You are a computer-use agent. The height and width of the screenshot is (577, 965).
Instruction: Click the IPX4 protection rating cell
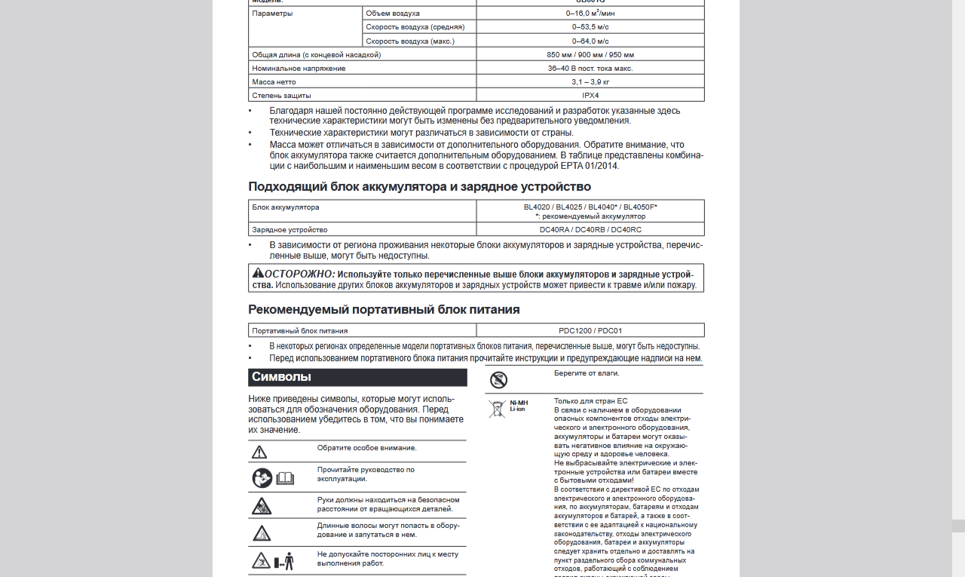pyautogui.click(x=590, y=96)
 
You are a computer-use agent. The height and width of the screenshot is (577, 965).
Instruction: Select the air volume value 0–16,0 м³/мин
pyautogui.click(x=590, y=14)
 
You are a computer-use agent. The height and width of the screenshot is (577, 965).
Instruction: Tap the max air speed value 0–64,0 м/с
pyautogui.click(x=590, y=41)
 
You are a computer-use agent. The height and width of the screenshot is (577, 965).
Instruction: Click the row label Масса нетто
pyautogui.click(x=274, y=82)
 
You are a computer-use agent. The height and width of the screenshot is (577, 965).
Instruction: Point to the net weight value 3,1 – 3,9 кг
pyautogui.click(x=590, y=82)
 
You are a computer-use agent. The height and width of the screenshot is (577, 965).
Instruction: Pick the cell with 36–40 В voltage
pyautogui.click(x=590, y=69)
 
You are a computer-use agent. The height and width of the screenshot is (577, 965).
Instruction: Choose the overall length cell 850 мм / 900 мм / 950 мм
pyautogui.click(x=590, y=55)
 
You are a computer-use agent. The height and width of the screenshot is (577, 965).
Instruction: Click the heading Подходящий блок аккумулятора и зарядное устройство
pyautogui.click(x=420, y=186)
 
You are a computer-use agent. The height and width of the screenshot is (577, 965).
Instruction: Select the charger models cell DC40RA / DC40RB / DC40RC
pyautogui.click(x=590, y=230)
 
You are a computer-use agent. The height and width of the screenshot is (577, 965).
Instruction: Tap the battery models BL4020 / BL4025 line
pyautogui.click(x=590, y=207)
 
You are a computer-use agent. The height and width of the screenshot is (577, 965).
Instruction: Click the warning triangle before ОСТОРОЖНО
pyautogui.click(x=258, y=273)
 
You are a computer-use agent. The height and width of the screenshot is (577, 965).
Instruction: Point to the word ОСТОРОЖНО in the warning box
pyautogui.click(x=300, y=274)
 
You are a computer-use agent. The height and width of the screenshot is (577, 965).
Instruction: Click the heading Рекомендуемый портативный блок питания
pyautogui.click(x=384, y=309)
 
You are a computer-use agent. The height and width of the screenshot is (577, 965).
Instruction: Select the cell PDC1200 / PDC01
pyautogui.click(x=590, y=330)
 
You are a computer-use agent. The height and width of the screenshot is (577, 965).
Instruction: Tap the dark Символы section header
pyautogui.click(x=357, y=377)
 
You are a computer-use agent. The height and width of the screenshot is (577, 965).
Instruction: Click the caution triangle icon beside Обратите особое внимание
pyautogui.click(x=259, y=453)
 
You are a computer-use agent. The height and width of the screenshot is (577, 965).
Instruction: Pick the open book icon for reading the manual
pyautogui.click(x=285, y=478)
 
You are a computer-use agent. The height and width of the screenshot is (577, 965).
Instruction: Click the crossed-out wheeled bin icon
pyautogui.click(x=496, y=410)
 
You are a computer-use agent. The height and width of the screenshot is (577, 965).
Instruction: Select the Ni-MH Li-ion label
pyautogui.click(x=519, y=406)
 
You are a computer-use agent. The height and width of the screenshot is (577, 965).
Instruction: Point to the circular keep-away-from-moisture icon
pyautogui.click(x=498, y=380)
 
